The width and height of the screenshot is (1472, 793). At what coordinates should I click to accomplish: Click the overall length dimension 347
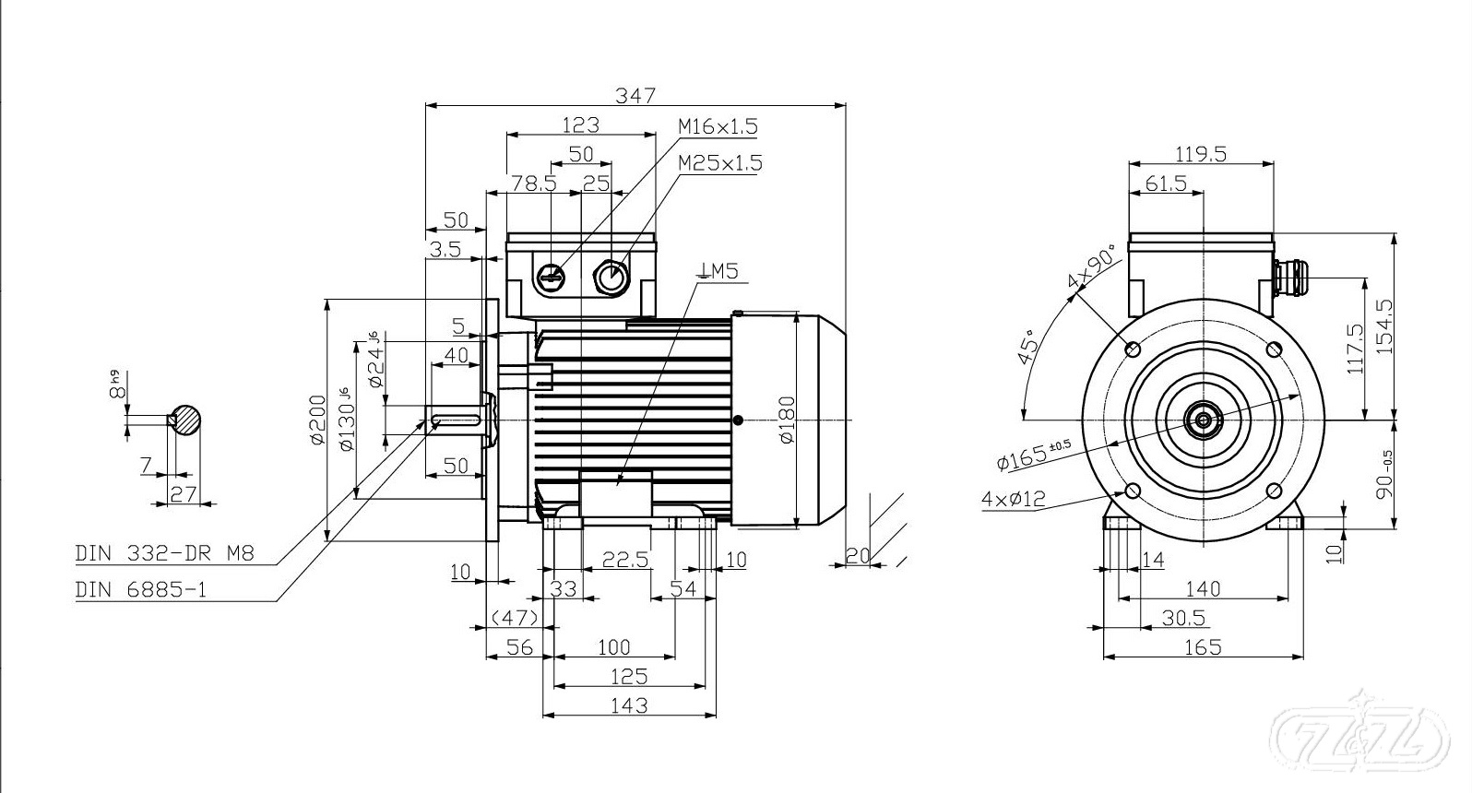(635, 95)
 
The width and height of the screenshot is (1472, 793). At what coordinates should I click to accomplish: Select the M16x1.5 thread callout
(718, 125)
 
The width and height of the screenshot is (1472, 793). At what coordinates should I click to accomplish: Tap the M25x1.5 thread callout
(719, 163)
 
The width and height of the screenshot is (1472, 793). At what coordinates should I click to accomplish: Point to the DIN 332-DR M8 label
(163, 553)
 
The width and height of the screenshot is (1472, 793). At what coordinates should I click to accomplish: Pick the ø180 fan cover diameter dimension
(787, 420)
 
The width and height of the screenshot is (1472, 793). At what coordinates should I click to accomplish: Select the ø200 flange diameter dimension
(317, 420)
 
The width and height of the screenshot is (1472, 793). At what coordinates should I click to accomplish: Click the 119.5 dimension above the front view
(1200, 154)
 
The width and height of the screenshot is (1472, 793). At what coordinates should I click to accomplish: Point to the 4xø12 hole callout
(1013, 499)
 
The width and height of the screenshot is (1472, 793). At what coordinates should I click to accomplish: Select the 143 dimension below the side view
(629, 705)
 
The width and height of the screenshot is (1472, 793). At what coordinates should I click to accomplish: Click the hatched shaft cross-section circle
(187, 420)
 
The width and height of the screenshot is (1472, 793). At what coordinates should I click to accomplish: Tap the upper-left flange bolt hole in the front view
(1133, 349)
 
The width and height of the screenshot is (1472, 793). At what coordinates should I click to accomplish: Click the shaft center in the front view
(1203, 420)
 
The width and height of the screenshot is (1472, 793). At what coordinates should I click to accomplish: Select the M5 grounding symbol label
(718, 270)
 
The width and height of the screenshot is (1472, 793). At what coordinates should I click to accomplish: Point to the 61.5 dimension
(1166, 183)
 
